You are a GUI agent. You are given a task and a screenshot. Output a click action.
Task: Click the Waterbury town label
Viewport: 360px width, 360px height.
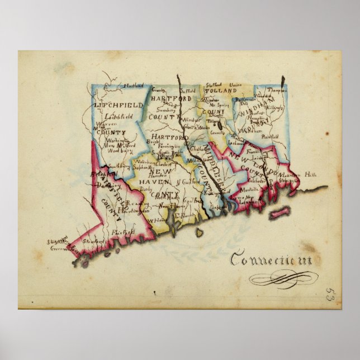click(148, 162)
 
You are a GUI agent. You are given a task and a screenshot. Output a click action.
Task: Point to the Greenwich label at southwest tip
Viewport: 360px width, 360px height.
click(59, 247)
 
